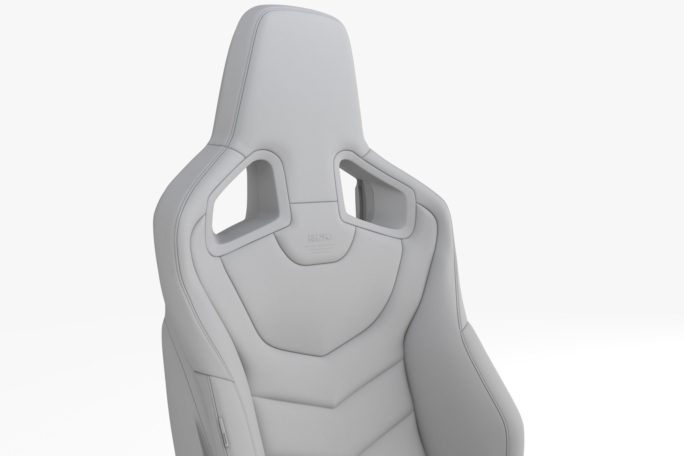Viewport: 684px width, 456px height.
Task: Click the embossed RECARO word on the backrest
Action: coord(319,238)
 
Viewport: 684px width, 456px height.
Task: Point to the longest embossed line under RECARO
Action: coord(320,246)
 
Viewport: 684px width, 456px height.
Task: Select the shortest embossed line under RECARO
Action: coord(321,252)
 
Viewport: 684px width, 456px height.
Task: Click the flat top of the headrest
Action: coord(294,13)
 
